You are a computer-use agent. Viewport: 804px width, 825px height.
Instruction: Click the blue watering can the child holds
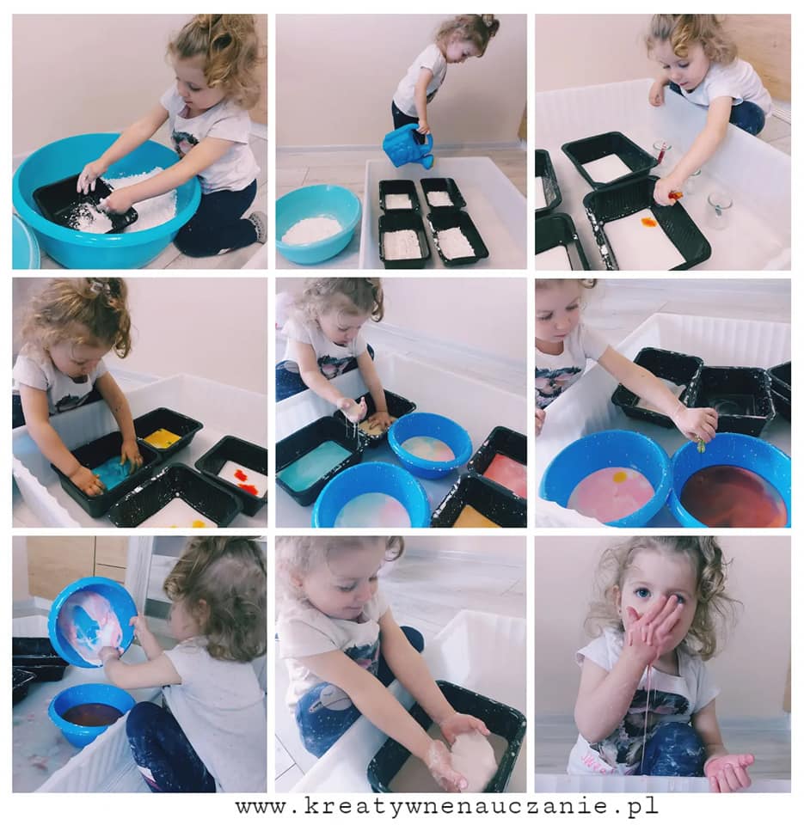[408, 147]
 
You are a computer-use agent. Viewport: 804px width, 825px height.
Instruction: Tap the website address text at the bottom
[446, 805]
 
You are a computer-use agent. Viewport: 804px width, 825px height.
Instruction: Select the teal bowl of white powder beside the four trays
[317, 223]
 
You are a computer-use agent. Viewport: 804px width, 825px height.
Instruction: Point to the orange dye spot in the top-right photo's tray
[647, 223]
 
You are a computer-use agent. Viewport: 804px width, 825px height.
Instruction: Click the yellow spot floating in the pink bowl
[620, 478]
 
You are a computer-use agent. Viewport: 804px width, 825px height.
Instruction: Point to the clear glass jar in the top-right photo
[719, 210]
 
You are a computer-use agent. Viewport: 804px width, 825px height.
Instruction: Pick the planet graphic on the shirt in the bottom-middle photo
[324, 698]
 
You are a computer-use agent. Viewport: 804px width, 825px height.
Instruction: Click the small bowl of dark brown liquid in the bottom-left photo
[90, 714]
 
